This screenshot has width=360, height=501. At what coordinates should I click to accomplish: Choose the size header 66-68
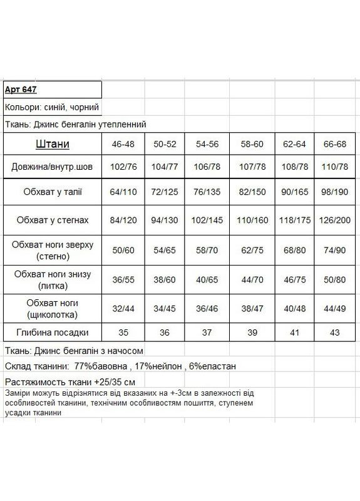tap(334, 144)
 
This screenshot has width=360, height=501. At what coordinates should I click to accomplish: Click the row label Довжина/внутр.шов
tap(52, 167)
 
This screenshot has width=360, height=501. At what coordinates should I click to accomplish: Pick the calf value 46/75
tap(292, 278)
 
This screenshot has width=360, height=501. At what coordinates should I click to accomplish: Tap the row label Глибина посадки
tap(52, 333)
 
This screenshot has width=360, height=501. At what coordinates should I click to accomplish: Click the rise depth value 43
tap(334, 333)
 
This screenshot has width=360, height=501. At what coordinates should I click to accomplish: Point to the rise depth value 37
tap(207, 333)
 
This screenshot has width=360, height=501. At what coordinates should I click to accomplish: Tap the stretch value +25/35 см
tap(109, 381)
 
